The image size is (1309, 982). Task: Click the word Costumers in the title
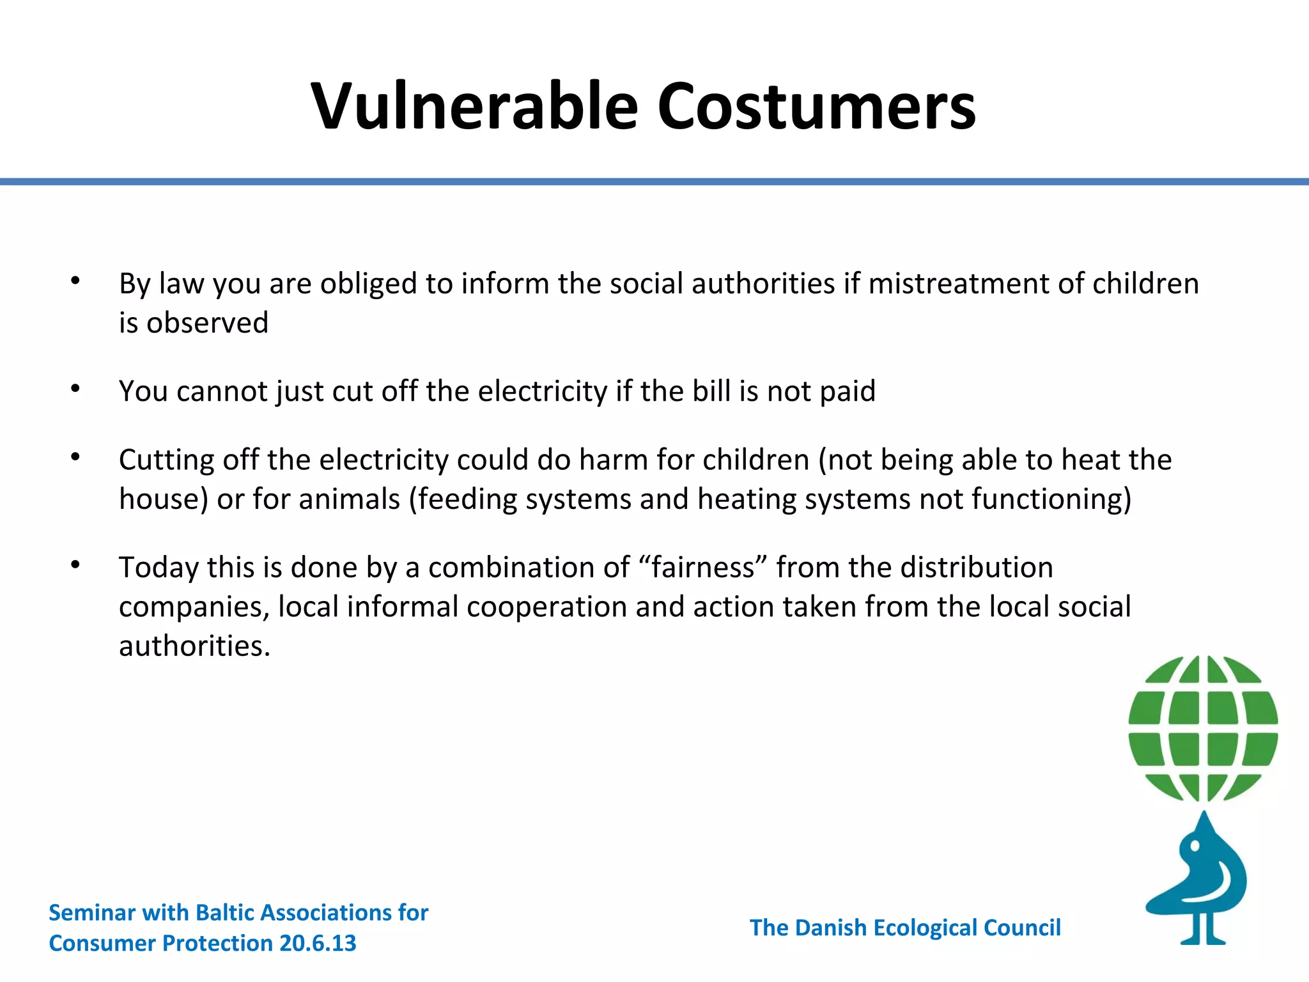816,106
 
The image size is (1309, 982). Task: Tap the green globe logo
1203,728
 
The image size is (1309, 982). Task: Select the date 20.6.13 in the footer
318,943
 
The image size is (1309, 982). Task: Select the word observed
207,322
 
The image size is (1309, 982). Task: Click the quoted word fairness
703,567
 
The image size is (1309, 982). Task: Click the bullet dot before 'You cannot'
75,389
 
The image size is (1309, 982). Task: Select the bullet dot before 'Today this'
75,565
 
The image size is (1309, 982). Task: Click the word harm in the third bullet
614,460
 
